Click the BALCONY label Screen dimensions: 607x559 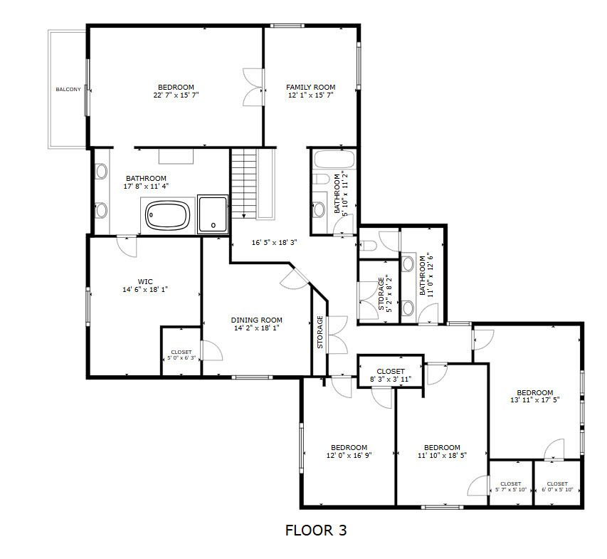(68, 90)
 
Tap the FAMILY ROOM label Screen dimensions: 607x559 (310, 88)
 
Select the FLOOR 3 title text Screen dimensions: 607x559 (316, 531)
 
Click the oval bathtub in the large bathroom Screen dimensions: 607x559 (168, 215)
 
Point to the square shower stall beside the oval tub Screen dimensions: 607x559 (213, 214)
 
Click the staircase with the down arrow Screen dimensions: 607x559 (244, 183)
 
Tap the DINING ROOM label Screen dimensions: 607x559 (257, 320)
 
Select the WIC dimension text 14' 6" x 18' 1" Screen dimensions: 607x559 (145, 289)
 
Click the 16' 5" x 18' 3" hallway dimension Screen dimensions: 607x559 (274, 243)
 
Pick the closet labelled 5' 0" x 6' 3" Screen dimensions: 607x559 (181, 351)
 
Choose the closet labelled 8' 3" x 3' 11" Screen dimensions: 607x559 (390, 371)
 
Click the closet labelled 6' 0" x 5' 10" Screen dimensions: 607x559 (557, 483)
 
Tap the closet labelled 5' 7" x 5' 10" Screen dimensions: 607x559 (511, 483)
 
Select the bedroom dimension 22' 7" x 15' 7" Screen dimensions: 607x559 (176, 95)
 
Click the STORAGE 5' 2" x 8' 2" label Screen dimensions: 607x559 (384, 294)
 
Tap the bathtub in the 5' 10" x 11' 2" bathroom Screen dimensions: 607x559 (334, 159)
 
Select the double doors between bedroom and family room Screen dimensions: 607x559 (254, 87)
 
